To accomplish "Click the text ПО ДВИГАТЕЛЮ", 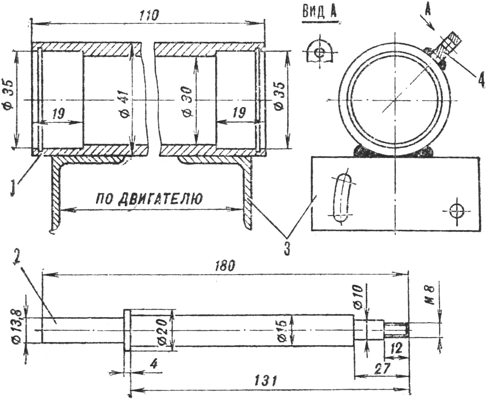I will [x=149, y=199].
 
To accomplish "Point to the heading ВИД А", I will [x=320, y=12].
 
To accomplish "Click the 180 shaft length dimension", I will [x=225, y=266].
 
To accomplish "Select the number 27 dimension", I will [x=382, y=368].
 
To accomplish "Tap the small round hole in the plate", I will [x=457, y=211].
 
